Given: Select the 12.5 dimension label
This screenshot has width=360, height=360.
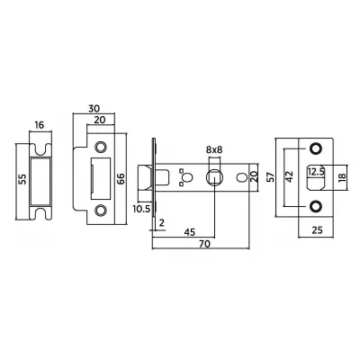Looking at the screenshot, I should coord(317,169).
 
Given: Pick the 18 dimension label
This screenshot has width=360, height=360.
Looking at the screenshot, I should coord(343,179).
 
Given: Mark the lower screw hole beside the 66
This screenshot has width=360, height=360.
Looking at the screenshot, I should coord(99,212).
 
